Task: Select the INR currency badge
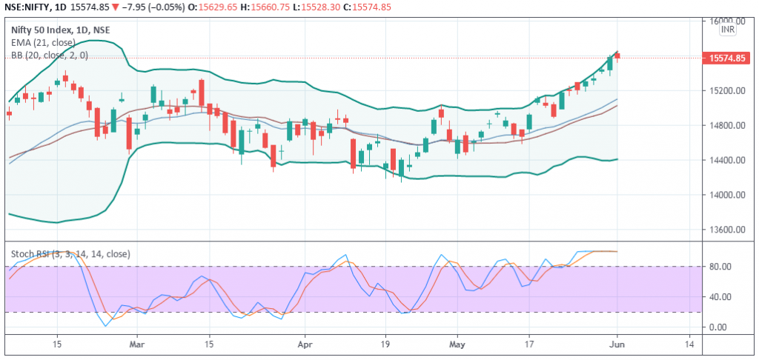[x=728, y=30]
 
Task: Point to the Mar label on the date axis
[x=137, y=345]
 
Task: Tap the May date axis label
[x=457, y=345]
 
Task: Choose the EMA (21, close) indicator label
[x=44, y=42]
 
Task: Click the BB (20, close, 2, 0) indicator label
[x=50, y=55]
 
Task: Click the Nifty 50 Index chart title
[x=61, y=30]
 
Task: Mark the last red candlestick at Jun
[x=617, y=56]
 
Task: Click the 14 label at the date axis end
[x=690, y=345]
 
